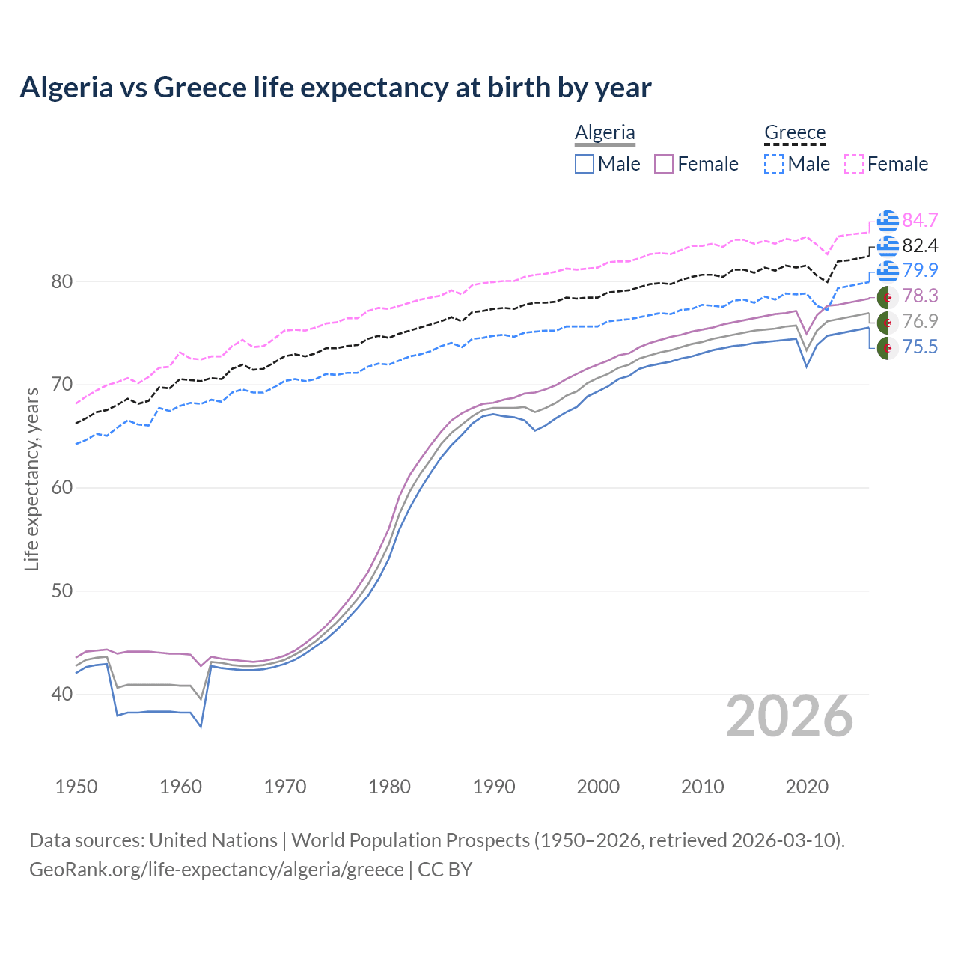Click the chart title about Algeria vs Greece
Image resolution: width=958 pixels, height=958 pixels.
(335, 88)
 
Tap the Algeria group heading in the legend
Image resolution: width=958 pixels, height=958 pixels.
(605, 132)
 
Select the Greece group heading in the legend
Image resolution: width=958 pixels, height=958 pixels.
(794, 132)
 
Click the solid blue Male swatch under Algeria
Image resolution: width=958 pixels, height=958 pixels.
(585, 164)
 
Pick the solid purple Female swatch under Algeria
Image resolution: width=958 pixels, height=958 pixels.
(664, 164)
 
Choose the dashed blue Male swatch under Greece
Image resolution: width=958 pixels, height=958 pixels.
(774, 164)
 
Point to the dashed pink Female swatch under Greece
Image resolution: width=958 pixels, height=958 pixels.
(854, 164)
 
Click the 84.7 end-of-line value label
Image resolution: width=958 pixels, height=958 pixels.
(920, 220)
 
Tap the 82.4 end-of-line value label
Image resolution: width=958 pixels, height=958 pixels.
(920, 245)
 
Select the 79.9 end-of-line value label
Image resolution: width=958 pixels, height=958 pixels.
(920, 270)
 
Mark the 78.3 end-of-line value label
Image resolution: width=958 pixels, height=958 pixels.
(920, 296)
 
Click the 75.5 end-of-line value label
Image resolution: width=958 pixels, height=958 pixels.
(920, 347)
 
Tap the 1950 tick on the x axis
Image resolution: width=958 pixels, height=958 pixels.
(76, 787)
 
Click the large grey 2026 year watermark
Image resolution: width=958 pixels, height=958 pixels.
(789, 717)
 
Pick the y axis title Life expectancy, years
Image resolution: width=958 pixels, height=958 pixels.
(31, 479)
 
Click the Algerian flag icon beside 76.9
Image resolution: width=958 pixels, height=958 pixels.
(887, 322)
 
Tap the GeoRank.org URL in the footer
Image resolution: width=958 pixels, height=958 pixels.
(216, 870)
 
